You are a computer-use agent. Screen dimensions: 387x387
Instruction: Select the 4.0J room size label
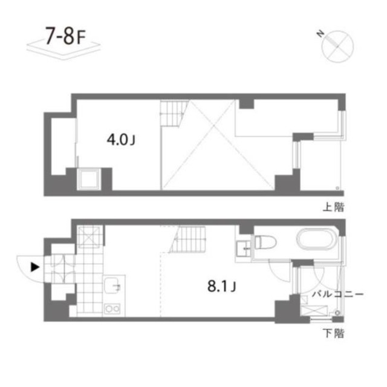(120, 140)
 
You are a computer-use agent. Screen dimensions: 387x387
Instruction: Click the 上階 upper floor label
(333, 207)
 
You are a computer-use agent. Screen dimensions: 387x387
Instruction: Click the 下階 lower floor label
(333, 333)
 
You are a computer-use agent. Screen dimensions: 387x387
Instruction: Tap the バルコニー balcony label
(337, 294)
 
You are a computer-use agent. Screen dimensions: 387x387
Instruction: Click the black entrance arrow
(35, 266)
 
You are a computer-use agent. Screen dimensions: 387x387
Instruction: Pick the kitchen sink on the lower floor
(113, 285)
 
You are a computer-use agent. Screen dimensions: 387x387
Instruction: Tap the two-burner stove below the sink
(112, 309)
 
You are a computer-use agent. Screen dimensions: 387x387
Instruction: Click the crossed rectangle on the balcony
(315, 310)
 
